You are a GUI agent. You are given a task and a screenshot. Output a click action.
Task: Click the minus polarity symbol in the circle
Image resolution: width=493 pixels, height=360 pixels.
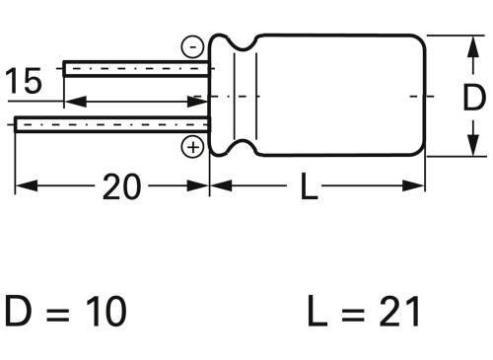[x=193, y=46]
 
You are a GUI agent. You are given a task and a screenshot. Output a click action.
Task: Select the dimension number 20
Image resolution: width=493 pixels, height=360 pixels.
[x=121, y=186]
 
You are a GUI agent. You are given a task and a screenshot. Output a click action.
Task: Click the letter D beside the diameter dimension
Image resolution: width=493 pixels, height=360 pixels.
[x=473, y=98]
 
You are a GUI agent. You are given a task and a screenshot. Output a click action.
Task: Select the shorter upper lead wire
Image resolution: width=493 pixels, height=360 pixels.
[x=137, y=68]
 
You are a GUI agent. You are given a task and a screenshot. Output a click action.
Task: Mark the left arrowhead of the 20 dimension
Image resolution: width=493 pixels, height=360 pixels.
[x=23, y=185]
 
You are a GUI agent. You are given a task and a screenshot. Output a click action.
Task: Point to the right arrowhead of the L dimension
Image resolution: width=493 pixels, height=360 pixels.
[x=417, y=185]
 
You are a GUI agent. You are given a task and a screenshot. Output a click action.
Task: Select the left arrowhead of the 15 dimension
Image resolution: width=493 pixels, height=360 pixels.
[x=71, y=101]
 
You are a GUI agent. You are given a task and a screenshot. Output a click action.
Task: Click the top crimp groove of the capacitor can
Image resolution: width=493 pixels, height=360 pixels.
[x=244, y=44]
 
